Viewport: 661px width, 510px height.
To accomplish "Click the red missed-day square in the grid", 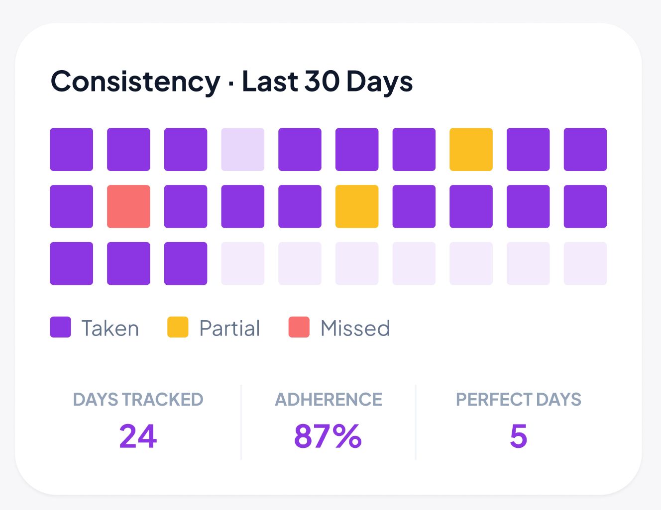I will coord(128,206).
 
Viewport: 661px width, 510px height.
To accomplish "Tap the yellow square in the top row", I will coord(471,150).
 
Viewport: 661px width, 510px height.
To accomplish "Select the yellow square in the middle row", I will coord(357,206).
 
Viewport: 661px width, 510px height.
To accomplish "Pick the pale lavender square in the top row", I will coord(243,150).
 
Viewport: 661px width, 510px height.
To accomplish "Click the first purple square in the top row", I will coord(71,150).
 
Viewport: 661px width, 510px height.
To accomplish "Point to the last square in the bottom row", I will coord(585,263).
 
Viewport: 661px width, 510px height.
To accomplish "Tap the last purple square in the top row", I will coord(585,150).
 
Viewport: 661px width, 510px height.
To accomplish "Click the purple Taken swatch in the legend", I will coord(61,327).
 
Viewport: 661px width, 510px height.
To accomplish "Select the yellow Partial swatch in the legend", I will coord(178,327).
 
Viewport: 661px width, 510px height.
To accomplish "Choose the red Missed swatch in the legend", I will coord(299,327).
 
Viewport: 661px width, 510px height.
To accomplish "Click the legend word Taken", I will coord(110,329).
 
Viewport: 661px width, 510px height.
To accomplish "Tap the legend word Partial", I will coord(229,329).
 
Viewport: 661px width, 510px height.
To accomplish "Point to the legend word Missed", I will coord(355,329).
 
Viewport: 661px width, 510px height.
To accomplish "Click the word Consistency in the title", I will coord(135,82).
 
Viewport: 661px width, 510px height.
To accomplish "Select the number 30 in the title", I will coord(322,82).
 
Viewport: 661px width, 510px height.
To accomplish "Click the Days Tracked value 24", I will coord(138,436).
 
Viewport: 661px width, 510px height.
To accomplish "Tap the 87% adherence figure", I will coord(328,436).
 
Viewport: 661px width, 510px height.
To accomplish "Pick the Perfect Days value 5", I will coord(518,436).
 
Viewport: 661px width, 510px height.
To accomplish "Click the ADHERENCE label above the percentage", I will coord(329,400).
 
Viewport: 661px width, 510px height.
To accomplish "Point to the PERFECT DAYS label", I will coord(518,400).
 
